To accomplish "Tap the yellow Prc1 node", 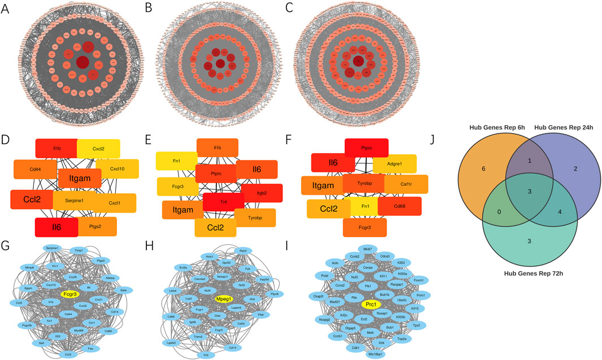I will (x=370, y=305).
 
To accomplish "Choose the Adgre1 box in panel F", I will (x=395, y=164).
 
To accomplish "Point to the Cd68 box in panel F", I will (x=399, y=205).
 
